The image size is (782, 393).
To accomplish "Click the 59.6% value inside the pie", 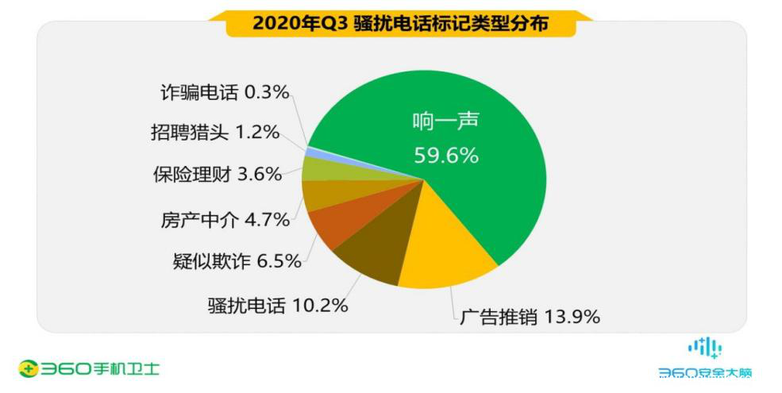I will tap(446, 156).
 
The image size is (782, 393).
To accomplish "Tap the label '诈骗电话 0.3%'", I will tap(218, 92).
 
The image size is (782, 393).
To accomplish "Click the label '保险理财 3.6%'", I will tap(217, 174).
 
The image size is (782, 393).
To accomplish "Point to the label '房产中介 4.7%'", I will tap(220, 219).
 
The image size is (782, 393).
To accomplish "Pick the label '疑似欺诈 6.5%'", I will tap(237, 260).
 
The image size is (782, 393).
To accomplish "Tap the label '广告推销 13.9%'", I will tap(529, 318).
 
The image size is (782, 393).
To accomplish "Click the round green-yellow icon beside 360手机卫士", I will tap(29, 368).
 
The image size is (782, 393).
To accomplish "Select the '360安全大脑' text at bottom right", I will tap(704, 372).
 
